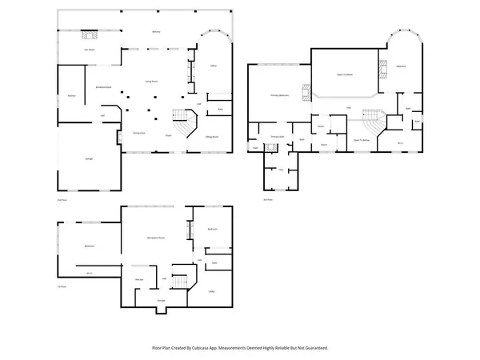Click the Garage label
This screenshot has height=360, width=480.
point(88,159)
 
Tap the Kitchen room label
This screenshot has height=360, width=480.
point(71,96)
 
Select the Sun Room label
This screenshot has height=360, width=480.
point(90,50)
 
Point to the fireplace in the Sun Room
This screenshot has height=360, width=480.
point(90,35)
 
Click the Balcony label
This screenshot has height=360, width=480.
point(156,31)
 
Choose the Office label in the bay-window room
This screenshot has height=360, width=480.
point(213,65)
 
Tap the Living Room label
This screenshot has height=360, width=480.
point(150,81)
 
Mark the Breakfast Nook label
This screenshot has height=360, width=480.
point(103,86)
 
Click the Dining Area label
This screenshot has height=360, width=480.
point(138,132)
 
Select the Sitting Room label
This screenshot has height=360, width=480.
point(213,137)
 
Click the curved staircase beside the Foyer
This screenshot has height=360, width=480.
point(186,124)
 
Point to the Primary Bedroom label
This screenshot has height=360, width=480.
point(278,95)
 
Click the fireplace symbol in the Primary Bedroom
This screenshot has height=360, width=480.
point(305,90)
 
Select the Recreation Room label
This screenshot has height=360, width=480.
point(156,238)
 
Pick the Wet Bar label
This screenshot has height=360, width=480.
point(138,279)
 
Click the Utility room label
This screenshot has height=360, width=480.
point(212,291)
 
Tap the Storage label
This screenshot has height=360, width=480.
point(161,300)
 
